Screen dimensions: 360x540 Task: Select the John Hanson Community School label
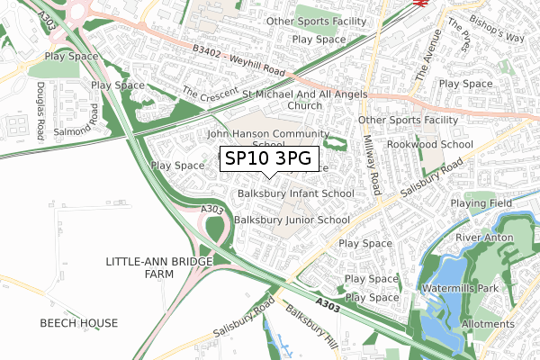coord(256,139)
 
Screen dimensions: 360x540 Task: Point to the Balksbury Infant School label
coord(296,193)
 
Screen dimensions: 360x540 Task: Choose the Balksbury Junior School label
coord(292,220)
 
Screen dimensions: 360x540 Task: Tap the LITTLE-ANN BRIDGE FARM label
coord(159,267)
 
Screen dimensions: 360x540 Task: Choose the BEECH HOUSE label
coord(78,322)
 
